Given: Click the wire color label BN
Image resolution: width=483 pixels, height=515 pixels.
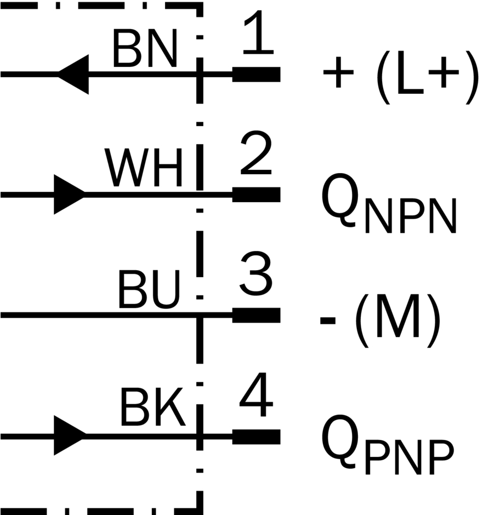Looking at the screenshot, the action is pos(145,48).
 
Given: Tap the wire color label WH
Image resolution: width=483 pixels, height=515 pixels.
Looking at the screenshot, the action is pos(144,168).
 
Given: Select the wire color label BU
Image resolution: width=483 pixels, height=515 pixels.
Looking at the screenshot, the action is pos(149,290).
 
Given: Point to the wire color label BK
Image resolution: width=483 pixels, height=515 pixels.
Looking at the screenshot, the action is pos(152,407).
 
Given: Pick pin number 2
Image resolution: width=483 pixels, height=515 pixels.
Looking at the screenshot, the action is pos(256,152).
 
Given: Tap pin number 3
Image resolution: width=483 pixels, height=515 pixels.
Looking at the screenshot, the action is pos(256,273).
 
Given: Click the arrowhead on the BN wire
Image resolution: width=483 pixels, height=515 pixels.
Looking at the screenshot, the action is pos(73,75).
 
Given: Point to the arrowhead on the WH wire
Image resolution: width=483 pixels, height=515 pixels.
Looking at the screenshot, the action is pos(70,194).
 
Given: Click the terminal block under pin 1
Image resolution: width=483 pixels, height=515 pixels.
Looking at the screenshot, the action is pos(256,74).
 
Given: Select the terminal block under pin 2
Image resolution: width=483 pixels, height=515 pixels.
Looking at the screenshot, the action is pos(256,194).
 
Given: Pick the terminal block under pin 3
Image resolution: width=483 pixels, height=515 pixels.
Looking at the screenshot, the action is pos(256,316).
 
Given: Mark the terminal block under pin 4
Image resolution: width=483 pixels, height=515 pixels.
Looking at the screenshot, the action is pos(256,437).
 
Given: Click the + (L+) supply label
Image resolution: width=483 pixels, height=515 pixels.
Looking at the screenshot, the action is pos(401,77).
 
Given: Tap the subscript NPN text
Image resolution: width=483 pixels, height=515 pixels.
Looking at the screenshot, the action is pos(411,216).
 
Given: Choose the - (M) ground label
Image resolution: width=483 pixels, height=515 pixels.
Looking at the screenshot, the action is pos(380,320).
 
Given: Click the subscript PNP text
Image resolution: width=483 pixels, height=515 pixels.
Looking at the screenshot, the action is pos(410,457).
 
